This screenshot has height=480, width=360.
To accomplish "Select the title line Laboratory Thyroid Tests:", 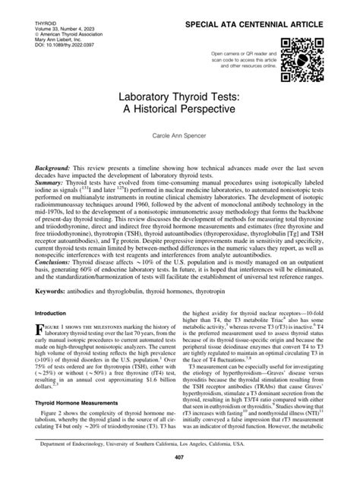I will tap(179, 96).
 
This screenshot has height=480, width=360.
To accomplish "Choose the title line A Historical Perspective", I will tap(179, 109).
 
